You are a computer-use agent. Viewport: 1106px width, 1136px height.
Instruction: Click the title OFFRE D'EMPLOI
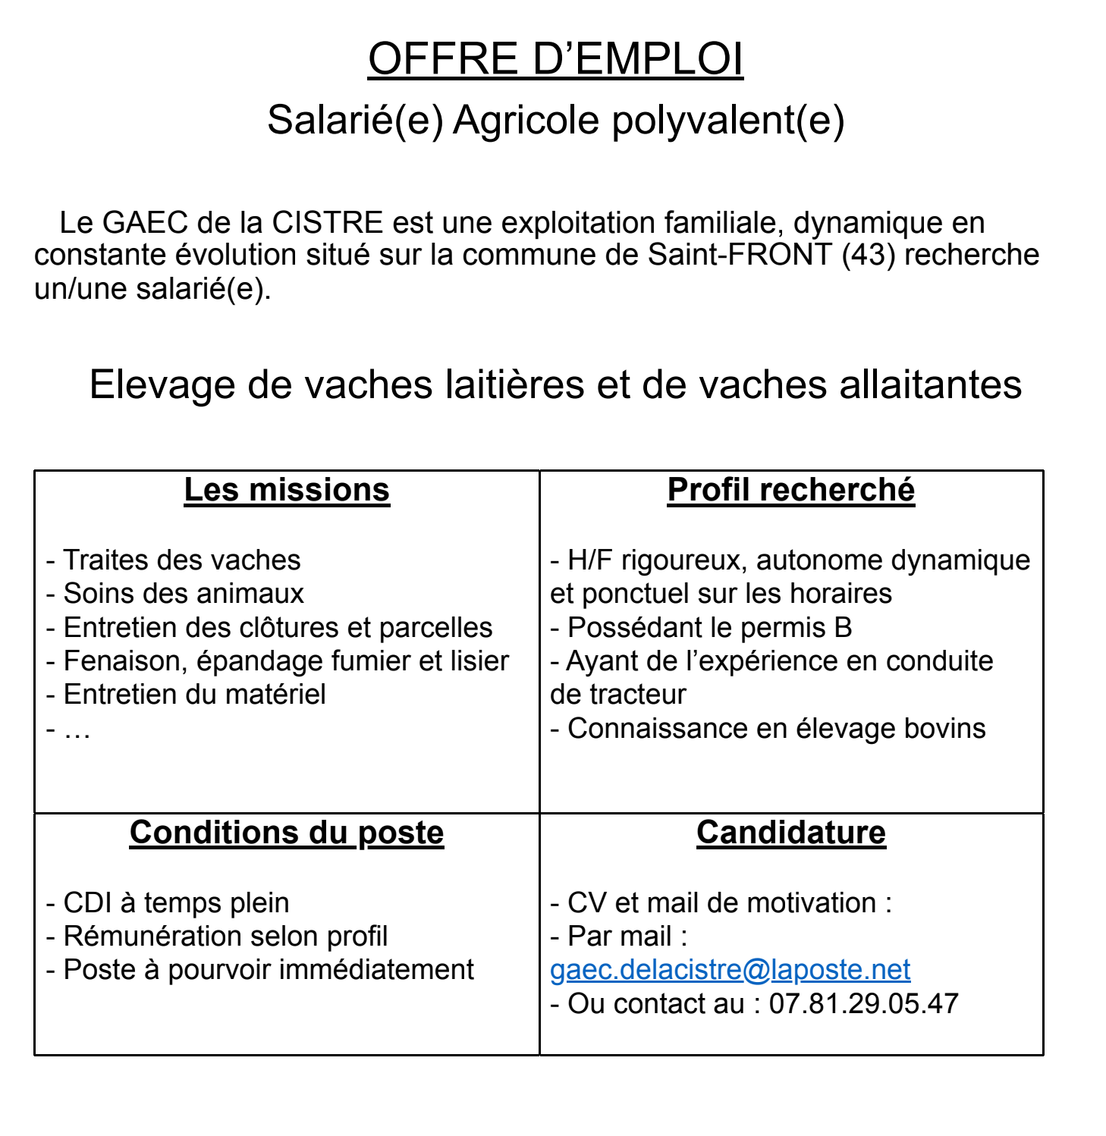click(555, 59)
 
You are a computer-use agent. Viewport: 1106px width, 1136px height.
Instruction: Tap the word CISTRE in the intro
click(327, 223)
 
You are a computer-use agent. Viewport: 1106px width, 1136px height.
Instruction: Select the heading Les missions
click(287, 490)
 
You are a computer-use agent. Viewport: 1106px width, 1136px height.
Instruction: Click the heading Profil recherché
click(791, 490)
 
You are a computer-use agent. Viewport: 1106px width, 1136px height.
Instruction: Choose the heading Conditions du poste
click(287, 833)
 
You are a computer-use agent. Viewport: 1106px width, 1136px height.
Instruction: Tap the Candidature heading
click(791, 833)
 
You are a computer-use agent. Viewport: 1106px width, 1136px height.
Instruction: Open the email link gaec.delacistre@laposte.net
click(730, 970)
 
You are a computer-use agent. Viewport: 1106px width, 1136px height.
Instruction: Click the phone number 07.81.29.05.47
click(863, 1004)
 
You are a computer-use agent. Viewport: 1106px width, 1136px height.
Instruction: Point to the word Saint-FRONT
click(740, 255)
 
